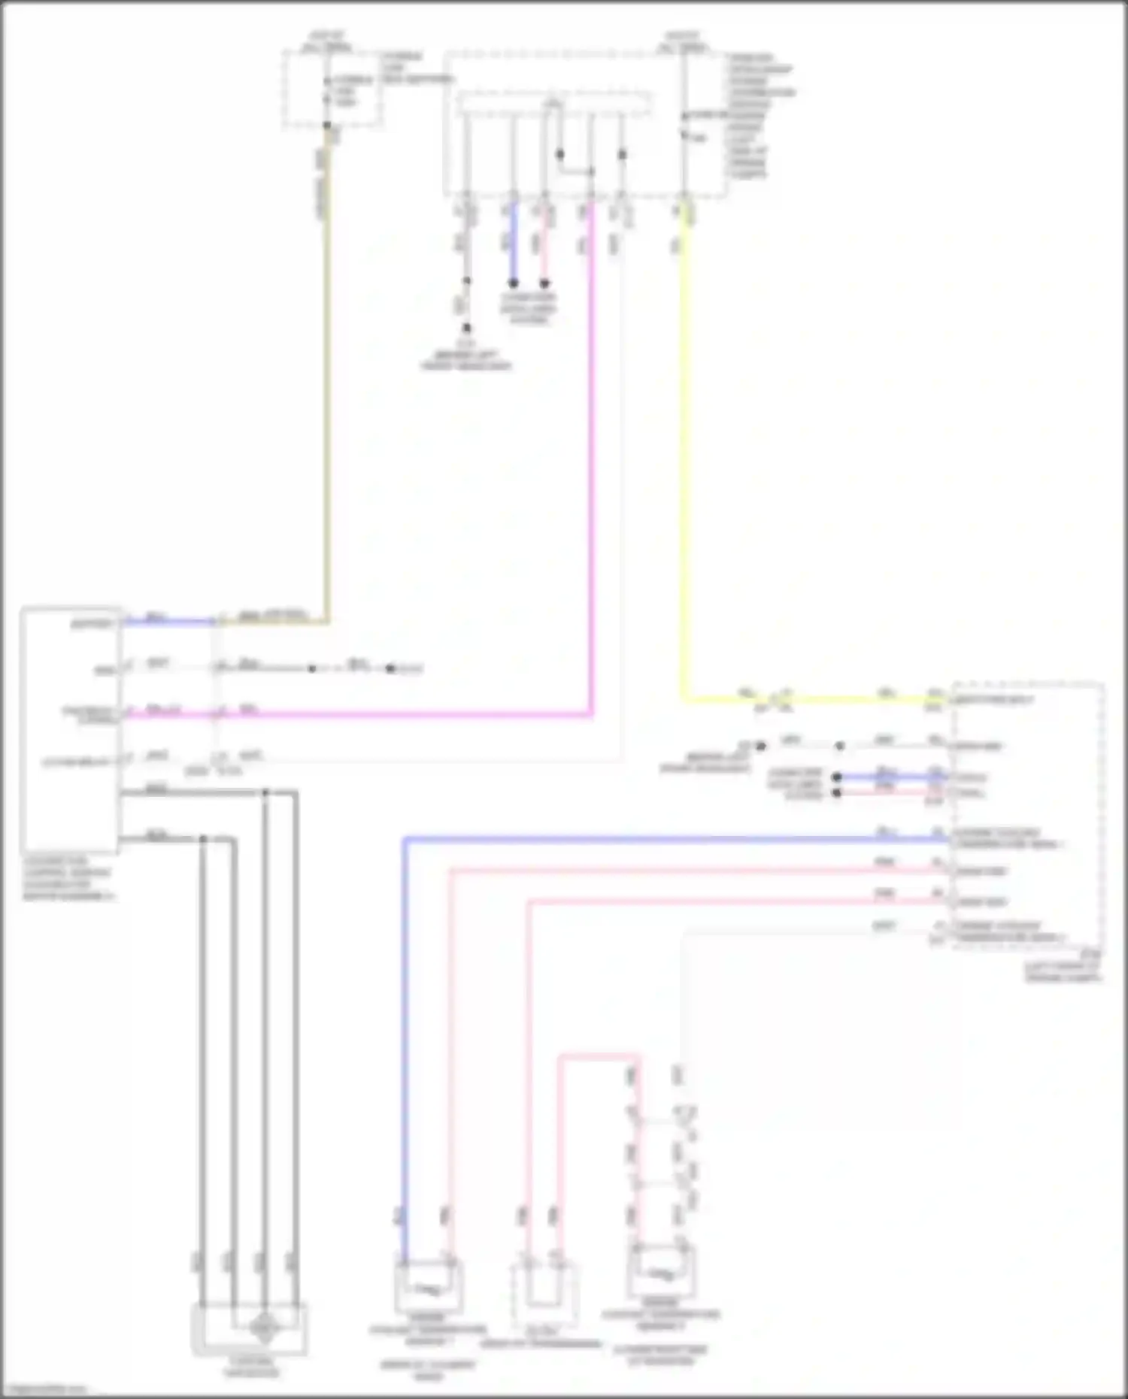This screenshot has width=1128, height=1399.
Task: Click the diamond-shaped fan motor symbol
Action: click(x=263, y=1328)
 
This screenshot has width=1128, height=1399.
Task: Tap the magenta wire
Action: click(x=591, y=451)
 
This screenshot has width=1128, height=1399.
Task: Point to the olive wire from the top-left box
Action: click(x=326, y=376)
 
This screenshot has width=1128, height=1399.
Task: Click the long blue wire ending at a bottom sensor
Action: click(x=404, y=1052)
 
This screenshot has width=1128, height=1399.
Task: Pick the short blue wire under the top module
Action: click(x=513, y=241)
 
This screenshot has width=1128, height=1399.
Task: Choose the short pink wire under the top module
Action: click(x=544, y=241)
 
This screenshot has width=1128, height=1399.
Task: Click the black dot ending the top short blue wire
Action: click(x=513, y=283)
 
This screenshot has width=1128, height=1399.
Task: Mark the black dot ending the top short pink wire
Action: click(x=544, y=283)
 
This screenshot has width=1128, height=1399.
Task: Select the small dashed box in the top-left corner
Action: click(x=332, y=89)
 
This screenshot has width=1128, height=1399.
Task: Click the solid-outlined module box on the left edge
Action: click(x=70, y=729)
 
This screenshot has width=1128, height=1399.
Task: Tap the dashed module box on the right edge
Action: click(x=1027, y=816)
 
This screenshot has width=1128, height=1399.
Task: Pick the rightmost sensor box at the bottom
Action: click(x=662, y=1273)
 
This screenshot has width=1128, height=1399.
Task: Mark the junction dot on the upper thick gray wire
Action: click(x=265, y=792)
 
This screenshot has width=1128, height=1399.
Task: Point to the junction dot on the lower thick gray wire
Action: click(x=202, y=838)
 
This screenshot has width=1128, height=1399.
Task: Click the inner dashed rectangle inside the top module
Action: click(x=554, y=104)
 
